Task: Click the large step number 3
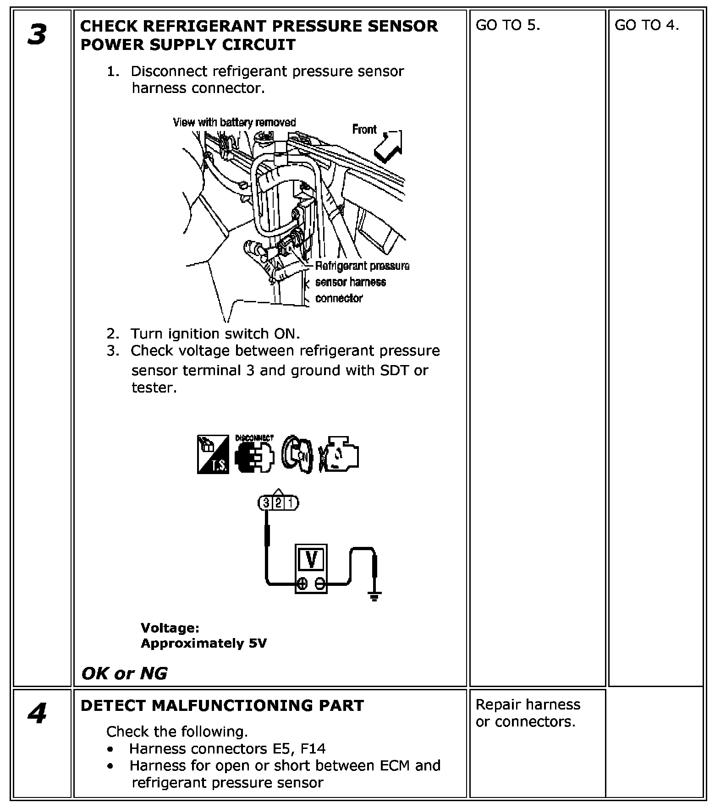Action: tap(37, 35)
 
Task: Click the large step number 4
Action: tap(37, 714)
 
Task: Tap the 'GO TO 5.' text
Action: tap(508, 26)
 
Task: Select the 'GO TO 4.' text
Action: tap(646, 26)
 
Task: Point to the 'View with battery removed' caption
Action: tap(234, 122)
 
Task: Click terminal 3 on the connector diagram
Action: tap(266, 503)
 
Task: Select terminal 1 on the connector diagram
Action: tap(290, 503)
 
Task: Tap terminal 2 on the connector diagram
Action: tap(278, 503)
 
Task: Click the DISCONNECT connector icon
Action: tap(254, 456)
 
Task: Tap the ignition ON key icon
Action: tap(297, 455)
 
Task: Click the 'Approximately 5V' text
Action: tap(203, 644)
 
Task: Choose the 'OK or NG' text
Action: tap(124, 673)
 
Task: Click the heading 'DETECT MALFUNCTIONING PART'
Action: tap(222, 706)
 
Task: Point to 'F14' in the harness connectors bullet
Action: tap(313, 749)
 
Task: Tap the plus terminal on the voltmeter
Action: tap(302, 583)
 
